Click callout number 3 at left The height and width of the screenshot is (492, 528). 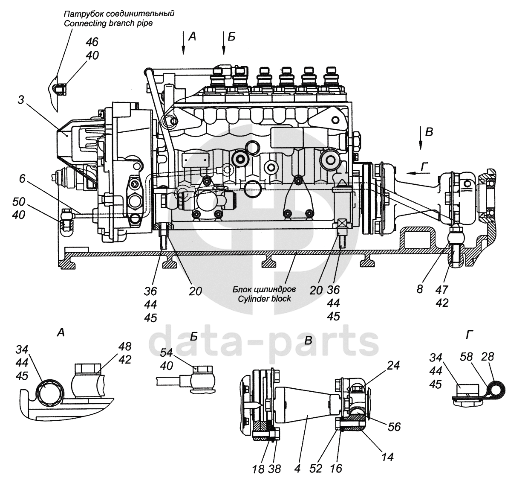(21, 101)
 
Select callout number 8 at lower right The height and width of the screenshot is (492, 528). (420, 289)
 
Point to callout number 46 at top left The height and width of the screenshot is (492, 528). (92, 42)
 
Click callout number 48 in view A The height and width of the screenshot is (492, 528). (125, 346)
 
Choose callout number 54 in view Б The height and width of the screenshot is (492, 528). (167, 352)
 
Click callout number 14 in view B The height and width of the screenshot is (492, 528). (387, 457)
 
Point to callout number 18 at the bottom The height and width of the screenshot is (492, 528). (258, 469)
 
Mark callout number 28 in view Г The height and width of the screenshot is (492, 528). (488, 356)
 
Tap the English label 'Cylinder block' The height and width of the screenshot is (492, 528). (264, 299)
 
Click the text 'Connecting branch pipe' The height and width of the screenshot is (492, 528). (108, 23)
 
